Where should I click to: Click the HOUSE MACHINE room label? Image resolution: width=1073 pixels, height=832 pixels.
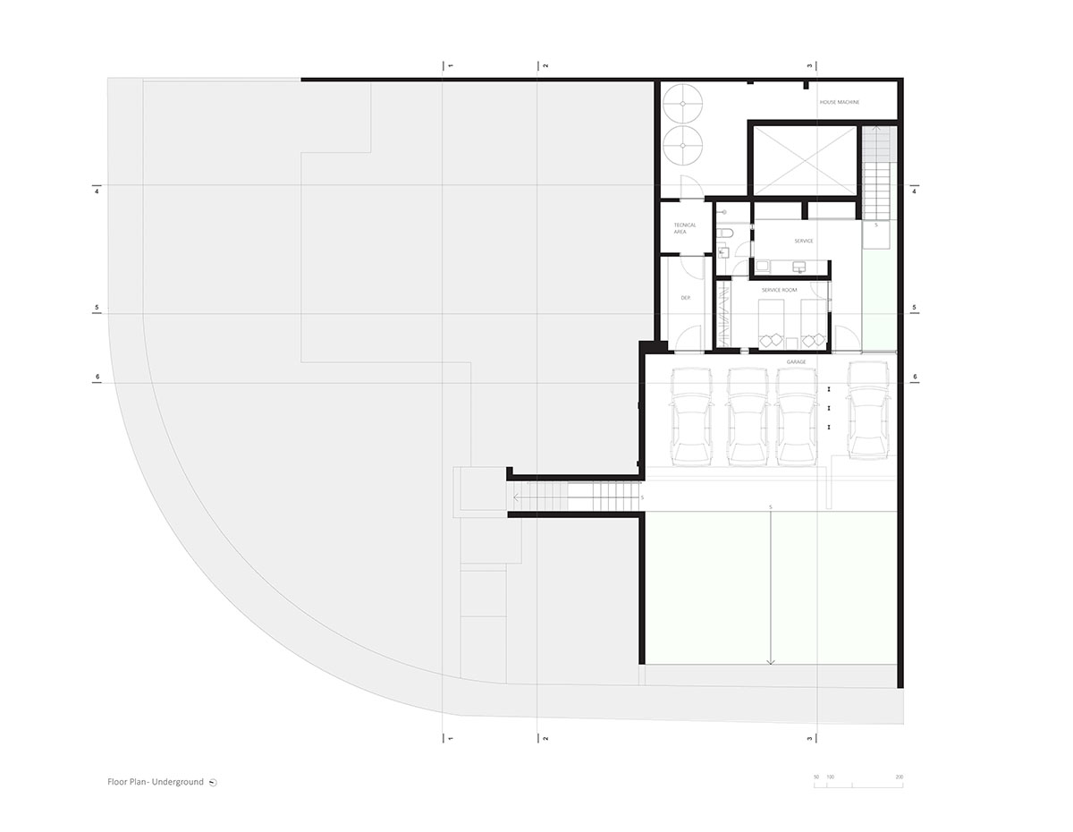pyautogui.click(x=840, y=103)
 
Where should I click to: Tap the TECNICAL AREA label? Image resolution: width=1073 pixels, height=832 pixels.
pyautogui.click(x=685, y=228)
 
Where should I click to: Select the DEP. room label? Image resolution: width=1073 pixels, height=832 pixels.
pyautogui.click(x=685, y=298)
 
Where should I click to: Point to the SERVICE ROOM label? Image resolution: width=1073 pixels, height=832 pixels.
pyautogui.click(x=779, y=291)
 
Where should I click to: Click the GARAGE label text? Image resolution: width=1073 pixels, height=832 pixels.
pyautogui.click(x=796, y=361)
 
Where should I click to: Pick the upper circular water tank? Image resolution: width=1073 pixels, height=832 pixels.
pyautogui.click(x=683, y=105)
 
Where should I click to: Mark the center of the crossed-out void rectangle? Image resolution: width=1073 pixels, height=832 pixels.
pyautogui.click(x=804, y=160)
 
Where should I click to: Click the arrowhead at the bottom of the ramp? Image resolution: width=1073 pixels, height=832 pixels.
pyautogui.click(x=771, y=662)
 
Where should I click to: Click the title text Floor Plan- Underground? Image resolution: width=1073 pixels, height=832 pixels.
pyautogui.click(x=155, y=782)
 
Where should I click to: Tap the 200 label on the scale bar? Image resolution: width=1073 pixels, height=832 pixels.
pyautogui.click(x=899, y=777)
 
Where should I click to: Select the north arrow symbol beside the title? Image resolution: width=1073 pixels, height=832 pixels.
pyautogui.click(x=213, y=783)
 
